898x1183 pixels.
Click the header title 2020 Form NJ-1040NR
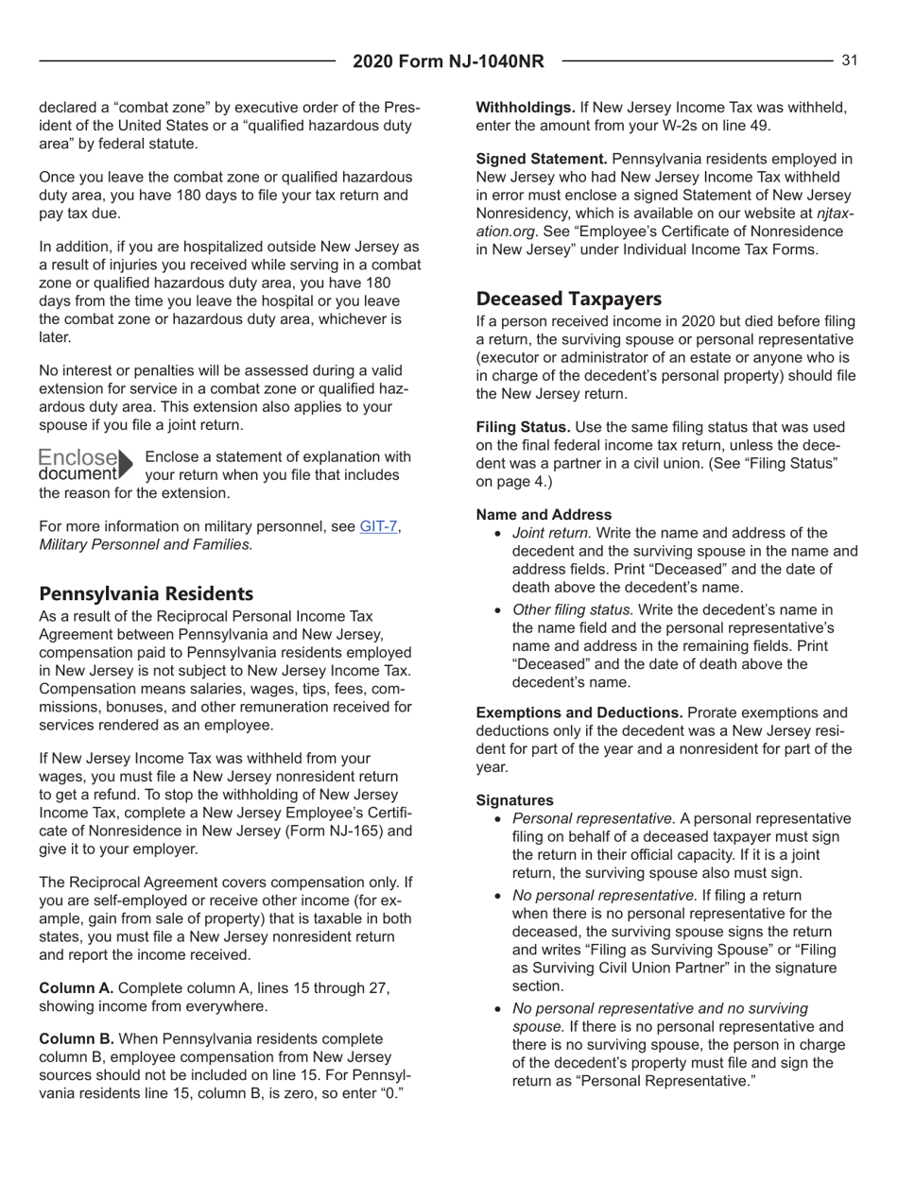[x=448, y=62]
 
